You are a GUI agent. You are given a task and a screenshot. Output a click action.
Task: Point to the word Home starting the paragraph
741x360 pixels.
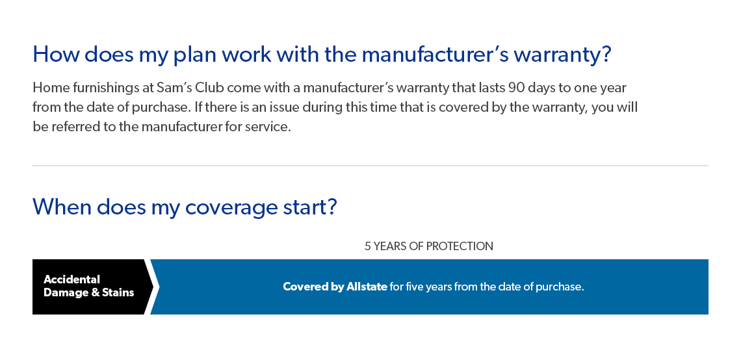pyautogui.click(x=47, y=88)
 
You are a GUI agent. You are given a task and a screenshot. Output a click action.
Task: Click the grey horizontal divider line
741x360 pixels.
pyautogui.click(x=370, y=166)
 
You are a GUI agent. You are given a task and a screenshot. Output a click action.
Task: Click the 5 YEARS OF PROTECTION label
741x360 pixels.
pyautogui.click(x=428, y=246)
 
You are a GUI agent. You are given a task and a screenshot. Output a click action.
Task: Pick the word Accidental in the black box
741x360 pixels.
pyautogui.click(x=72, y=279)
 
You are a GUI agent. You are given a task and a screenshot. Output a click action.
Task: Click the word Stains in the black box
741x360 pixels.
pyautogui.click(x=118, y=293)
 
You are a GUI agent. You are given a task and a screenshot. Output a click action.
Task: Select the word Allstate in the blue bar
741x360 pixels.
pyautogui.click(x=367, y=287)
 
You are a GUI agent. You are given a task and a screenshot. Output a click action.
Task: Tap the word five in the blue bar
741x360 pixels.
pyautogui.click(x=414, y=287)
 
